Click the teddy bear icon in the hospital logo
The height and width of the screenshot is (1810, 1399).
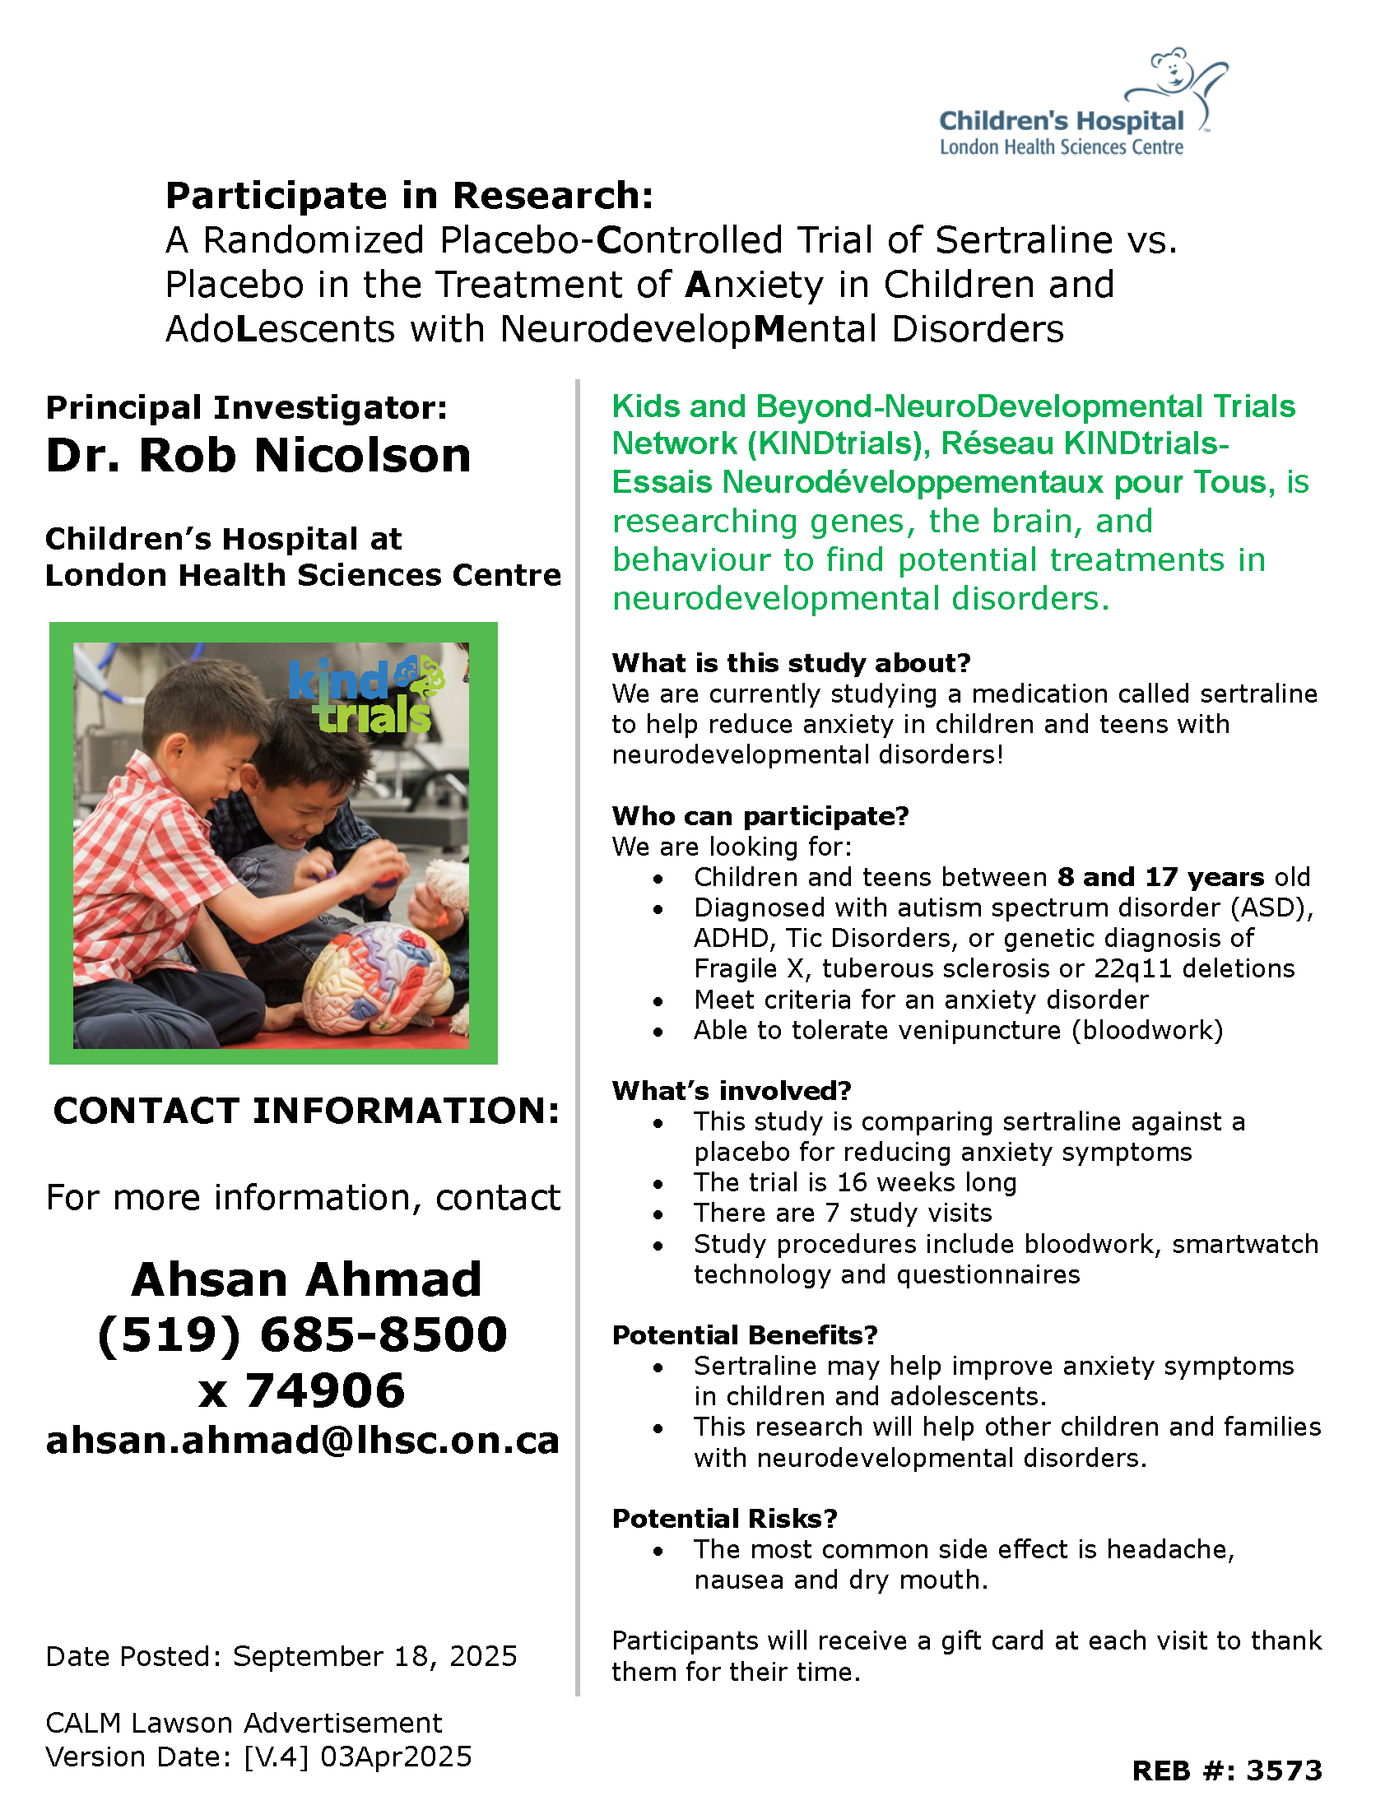tap(1172, 72)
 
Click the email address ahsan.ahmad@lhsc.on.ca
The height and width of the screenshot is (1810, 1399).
tap(303, 1441)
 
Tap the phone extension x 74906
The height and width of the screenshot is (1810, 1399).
tap(302, 1390)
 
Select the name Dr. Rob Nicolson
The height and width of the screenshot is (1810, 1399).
tap(258, 455)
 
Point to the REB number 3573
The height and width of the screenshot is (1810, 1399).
tap(1284, 1771)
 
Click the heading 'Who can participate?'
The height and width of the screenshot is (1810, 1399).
tap(760, 815)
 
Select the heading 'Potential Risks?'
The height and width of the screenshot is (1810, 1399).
tap(724, 1518)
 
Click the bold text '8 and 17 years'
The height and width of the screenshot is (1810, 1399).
tap(1160, 877)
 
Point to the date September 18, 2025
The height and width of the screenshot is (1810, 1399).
tap(374, 1656)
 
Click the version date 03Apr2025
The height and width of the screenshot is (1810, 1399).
tap(395, 1757)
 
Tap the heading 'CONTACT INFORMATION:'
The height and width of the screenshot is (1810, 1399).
tap(306, 1111)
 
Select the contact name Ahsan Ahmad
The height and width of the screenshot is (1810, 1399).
tap(306, 1279)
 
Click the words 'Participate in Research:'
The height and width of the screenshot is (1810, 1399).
tap(410, 196)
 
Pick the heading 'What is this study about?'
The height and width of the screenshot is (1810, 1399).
tap(791, 663)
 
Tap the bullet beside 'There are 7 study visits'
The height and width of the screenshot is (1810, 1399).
tap(658, 1214)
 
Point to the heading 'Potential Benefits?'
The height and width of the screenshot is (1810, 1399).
tap(744, 1335)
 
